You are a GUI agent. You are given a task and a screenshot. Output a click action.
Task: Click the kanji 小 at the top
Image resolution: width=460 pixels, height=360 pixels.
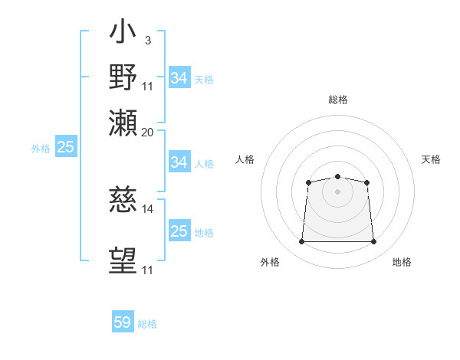pyautogui.click(x=123, y=31)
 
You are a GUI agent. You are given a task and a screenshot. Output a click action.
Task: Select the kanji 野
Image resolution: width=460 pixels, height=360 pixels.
pyautogui.click(x=123, y=77)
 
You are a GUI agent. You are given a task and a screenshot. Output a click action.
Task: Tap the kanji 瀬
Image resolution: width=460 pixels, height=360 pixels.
pyautogui.click(x=123, y=123)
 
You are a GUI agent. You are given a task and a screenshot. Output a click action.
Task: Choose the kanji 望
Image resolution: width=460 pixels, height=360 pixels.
pyautogui.click(x=123, y=260)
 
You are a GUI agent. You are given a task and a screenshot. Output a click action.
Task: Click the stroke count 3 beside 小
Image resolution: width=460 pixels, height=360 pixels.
pyautogui.click(x=148, y=41)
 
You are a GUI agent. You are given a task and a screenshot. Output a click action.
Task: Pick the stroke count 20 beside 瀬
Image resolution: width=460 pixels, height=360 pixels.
pyautogui.click(x=147, y=133)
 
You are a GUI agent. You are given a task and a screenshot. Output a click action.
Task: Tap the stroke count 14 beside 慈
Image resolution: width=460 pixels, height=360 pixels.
pyautogui.click(x=147, y=209)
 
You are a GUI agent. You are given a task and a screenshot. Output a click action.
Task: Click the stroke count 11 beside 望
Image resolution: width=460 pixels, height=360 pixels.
pyautogui.click(x=147, y=270)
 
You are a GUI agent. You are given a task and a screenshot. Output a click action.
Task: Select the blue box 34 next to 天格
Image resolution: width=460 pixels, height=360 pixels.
pyautogui.click(x=179, y=77)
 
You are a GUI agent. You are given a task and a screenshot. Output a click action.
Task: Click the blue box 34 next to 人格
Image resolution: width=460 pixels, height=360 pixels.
pyautogui.click(x=179, y=162)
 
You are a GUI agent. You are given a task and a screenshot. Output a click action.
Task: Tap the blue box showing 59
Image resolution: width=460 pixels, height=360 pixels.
pyautogui.click(x=123, y=321)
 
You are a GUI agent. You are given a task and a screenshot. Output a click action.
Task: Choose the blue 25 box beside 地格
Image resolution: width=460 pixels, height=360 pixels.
pyautogui.click(x=179, y=230)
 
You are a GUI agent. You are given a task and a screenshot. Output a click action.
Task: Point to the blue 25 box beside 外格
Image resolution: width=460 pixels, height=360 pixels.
pyautogui.click(x=66, y=146)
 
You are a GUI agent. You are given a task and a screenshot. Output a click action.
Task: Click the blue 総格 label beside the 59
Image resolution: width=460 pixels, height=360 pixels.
pyautogui.click(x=147, y=324)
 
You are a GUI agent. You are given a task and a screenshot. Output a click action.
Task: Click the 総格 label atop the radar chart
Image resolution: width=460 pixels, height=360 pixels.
pyautogui.click(x=338, y=100)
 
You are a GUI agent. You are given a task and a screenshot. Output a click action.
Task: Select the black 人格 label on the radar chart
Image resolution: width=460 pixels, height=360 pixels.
pyautogui.click(x=245, y=159)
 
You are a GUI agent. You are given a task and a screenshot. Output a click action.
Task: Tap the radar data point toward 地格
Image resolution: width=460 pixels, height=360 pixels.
pyautogui.click(x=373, y=241)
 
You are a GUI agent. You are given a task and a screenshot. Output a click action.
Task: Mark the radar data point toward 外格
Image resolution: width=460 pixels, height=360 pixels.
pyautogui.click(x=301, y=241)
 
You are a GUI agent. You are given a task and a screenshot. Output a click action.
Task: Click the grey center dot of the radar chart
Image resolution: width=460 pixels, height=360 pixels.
pyautogui.click(x=337, y=191)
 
